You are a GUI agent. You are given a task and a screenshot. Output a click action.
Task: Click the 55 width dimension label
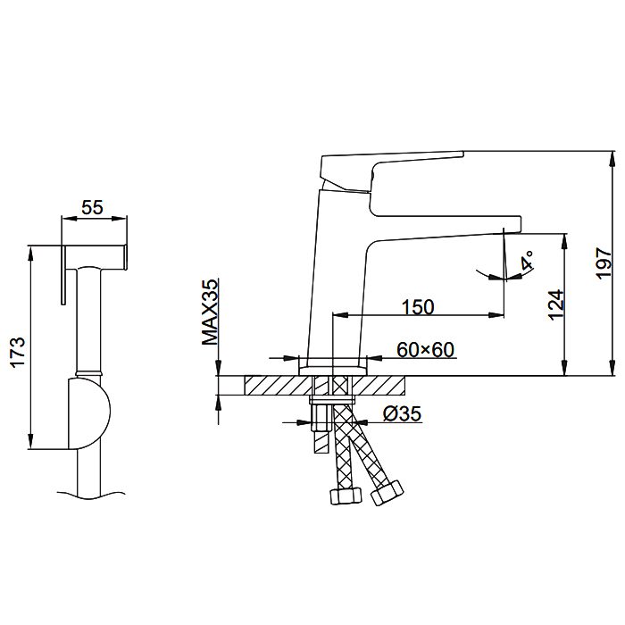(92, 207)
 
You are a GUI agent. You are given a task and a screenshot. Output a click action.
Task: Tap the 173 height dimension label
(18, 353)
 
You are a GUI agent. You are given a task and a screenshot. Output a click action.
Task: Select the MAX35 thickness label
(210, 312)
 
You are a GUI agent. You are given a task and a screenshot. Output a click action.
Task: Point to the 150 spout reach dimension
(417, 307)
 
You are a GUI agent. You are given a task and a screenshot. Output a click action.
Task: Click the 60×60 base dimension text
(425, 350)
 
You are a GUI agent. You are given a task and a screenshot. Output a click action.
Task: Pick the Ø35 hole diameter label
(402, 413)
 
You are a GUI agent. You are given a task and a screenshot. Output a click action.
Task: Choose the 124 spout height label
(556, 305)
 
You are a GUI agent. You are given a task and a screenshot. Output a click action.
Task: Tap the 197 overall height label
(604, 263)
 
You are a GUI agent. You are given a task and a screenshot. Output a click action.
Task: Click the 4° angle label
(528, 261)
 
